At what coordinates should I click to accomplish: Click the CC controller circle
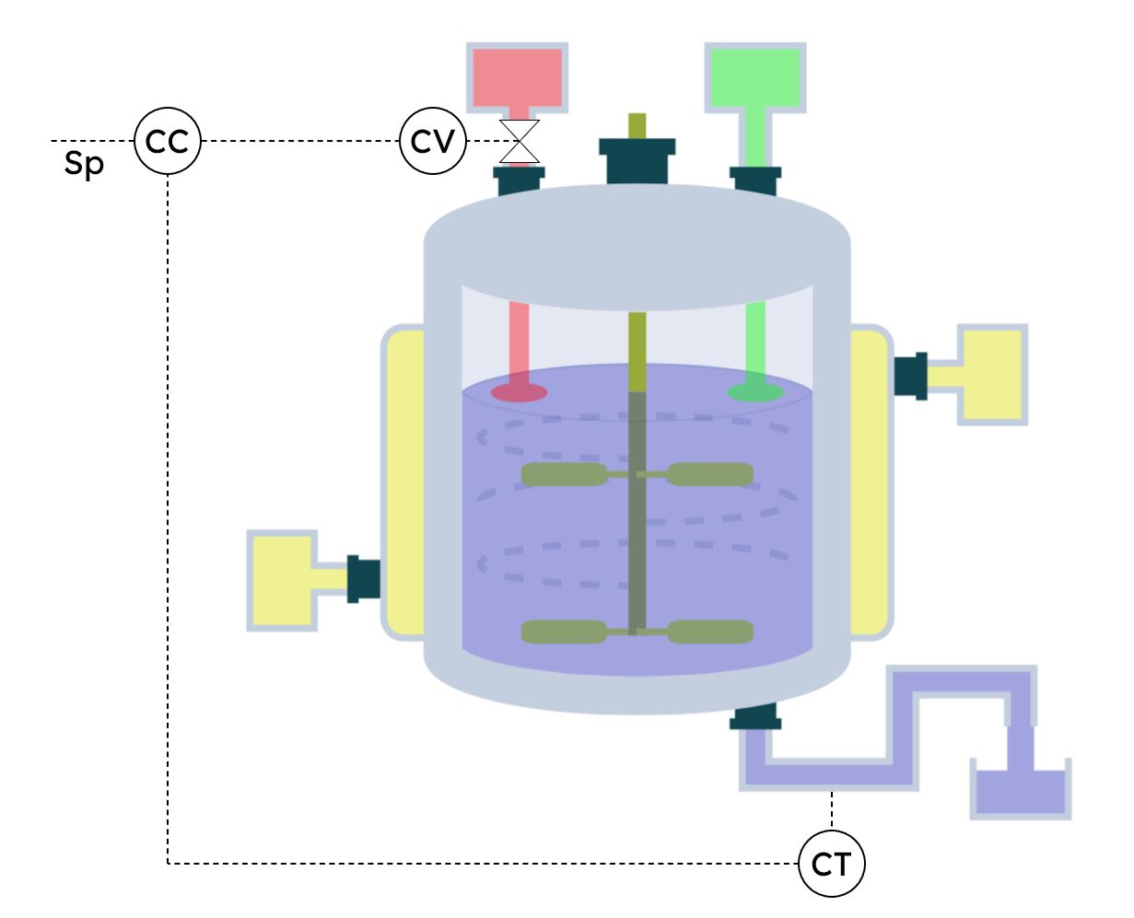tap(167, 141)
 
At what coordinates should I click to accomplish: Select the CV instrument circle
tap(433, 141)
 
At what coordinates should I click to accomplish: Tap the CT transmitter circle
tap(833, 864)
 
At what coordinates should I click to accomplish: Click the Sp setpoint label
tap(84, 166)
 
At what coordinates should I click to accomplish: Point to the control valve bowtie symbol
tap(520, 141)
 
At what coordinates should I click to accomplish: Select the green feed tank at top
tap(755, 76)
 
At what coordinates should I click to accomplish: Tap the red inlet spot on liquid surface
tap(519, 393)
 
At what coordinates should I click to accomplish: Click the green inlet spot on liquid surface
tap(755, 393)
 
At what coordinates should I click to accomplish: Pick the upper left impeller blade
tap(563, 474)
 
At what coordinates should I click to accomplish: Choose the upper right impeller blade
tap(709, 474)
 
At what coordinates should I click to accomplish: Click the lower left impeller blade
tap(563, 632)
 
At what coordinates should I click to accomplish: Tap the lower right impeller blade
tap(709, 632)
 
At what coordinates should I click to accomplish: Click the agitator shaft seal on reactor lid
tap(637, 159)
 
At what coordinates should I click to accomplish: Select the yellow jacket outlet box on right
tap(991, 373)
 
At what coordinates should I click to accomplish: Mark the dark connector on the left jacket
tap(364, 579)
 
